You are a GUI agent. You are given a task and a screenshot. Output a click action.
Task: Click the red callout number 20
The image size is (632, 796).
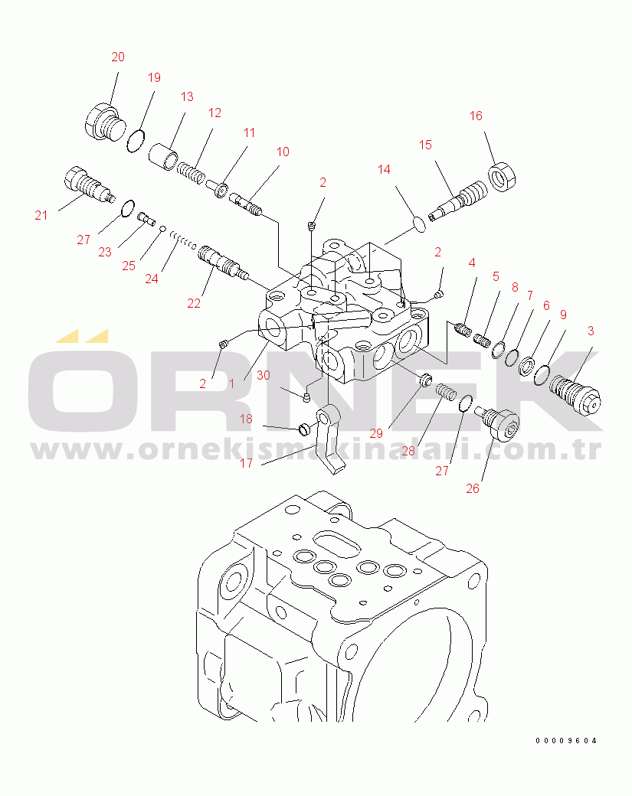click(118, 57)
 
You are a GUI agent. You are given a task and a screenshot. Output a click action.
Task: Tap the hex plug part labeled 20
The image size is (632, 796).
click(105, 122)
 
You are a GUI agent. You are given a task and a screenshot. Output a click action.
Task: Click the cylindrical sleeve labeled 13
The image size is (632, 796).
click(163, 156)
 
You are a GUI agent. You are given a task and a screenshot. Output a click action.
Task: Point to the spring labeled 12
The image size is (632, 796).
click(191, 171)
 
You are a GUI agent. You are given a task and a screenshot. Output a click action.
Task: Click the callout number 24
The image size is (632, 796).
click(152, 279)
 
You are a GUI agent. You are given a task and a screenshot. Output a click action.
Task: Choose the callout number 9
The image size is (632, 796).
click(563, 315)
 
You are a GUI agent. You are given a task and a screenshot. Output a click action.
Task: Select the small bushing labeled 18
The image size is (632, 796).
click(304, 429)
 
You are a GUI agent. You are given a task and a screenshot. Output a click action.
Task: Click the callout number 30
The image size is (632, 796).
click(264, 375)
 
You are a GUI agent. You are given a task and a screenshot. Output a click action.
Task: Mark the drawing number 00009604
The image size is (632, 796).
click(566, 741)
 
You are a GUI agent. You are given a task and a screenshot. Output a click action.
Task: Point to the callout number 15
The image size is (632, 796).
click(425, 145)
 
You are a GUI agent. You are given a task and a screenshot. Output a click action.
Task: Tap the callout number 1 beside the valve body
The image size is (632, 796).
click(231, 383)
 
